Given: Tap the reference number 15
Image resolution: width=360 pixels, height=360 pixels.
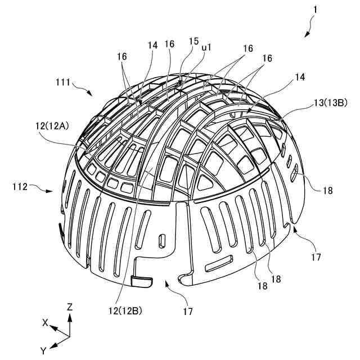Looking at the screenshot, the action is click(193, 41).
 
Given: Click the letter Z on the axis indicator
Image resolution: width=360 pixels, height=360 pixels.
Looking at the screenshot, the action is click(69, 308).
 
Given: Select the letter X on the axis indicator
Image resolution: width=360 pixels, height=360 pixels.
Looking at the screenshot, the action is click(44, 322).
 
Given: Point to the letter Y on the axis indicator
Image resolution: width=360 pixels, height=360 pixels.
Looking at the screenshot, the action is click(43, 350).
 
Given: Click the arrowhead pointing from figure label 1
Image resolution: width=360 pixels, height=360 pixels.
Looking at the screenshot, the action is click(306, 35).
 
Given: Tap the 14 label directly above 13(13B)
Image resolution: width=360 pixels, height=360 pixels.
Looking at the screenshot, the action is click(300, 78).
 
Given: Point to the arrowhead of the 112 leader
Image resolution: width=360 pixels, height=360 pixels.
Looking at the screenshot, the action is click(54, 192).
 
